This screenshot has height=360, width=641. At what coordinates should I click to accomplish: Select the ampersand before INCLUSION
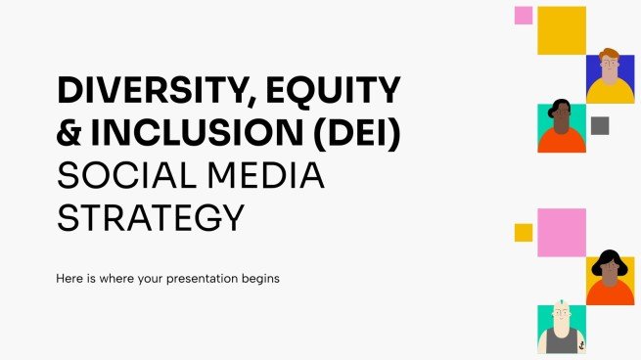[x=70, y=135]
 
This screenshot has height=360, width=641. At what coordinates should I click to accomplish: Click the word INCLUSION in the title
[x=198, y=135]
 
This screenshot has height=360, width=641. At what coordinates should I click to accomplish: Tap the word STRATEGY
[x=151, y=217]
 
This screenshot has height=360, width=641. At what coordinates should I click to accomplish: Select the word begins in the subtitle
[x=257, y=279]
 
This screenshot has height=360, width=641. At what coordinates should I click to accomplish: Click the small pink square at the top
[x=524, y=15]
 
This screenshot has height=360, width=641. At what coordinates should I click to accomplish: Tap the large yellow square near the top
[x=562, y=30]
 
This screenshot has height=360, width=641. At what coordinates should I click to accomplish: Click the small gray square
[x=600, y=125]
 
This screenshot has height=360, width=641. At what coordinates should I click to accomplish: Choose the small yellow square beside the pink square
[x=524, y=232]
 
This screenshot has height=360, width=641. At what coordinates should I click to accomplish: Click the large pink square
[x=562, y=233]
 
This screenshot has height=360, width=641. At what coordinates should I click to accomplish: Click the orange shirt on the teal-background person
[x=561, y=142]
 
